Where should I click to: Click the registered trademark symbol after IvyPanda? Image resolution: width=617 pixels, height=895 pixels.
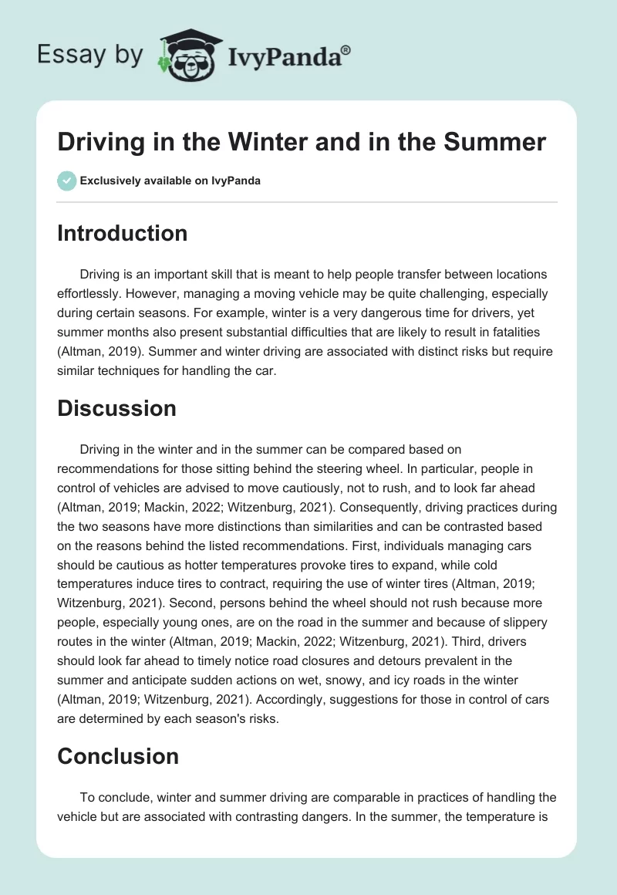tap(346, 50)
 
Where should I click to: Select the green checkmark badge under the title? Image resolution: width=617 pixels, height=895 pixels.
tap(66, 181)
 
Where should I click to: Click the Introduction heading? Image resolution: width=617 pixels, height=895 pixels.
tap(122, 233)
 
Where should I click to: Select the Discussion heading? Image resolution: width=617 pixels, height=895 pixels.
tap(116, 408)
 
